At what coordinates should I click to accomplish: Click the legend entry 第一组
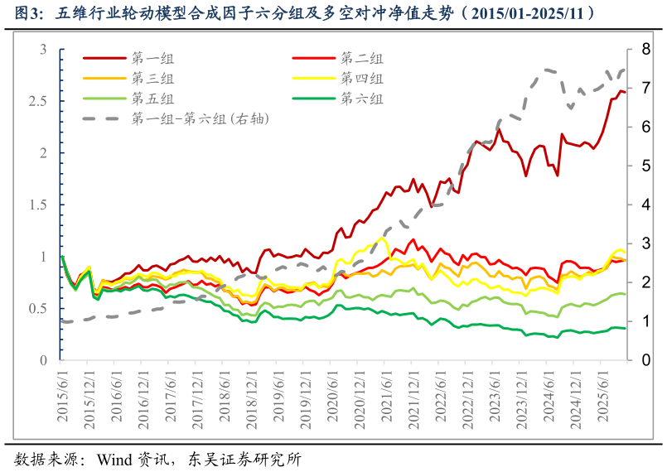153,59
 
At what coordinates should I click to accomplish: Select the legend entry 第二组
362,59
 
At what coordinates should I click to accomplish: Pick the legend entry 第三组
153,79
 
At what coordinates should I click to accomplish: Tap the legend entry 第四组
362,79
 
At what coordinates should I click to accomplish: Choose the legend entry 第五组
153,99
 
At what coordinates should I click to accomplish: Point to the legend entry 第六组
362,99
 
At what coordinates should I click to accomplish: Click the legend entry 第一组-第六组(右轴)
200,119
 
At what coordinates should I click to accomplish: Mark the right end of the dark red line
626,92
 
